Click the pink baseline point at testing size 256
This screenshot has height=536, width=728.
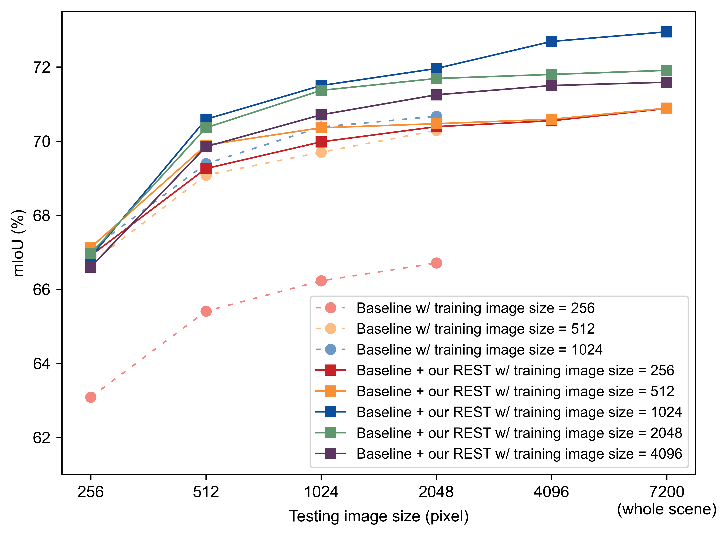tap(91, 397)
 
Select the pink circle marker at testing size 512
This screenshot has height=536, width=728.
tap(206, 311)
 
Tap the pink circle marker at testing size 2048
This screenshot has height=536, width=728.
tap(436, 263)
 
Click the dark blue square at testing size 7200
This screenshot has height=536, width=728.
tap(667, 32)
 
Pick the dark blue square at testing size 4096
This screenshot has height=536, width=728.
tap(551, 41)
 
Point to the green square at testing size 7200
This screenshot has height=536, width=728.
tap(667, 70)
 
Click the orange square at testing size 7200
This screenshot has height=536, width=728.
tap(667, 108)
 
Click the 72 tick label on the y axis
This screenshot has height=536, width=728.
tap(42, 67)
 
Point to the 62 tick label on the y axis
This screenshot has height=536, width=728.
tap(42, 438)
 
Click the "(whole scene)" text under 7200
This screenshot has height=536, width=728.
tap(667, 509)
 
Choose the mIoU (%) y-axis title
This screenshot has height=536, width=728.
tap(18, 243)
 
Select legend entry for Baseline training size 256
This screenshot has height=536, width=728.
tap(475, 308)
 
